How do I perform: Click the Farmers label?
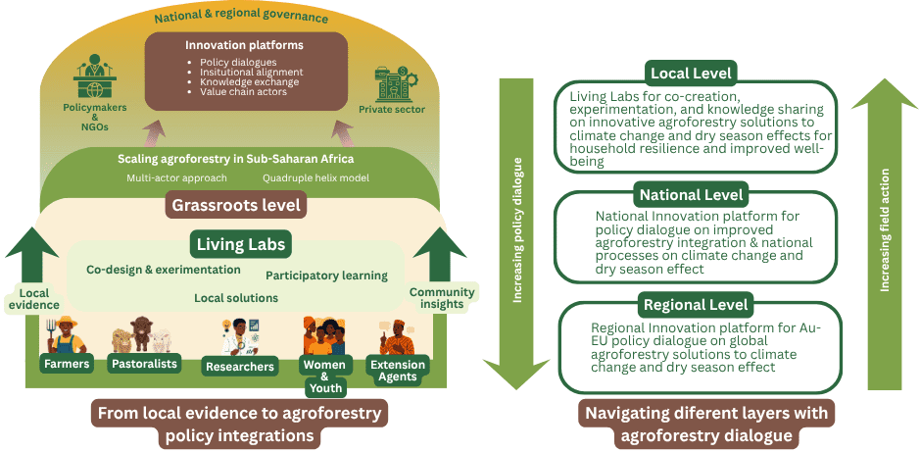pyautogui.click(x=66, y=365)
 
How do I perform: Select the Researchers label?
pyautogui.click(x=240, y=367)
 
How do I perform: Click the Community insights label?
pyautogui.click(x=442, y=298)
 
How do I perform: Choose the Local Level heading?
pyautogui.click(x=692, y=73)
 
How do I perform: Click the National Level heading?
pyautogui.click(x=691, y=193)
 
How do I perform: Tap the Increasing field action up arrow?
pyautogui.click(x=884, y=235)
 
